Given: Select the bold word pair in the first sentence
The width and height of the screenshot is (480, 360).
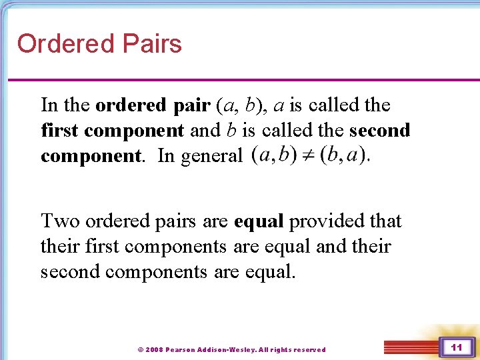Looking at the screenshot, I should tap(192, 105).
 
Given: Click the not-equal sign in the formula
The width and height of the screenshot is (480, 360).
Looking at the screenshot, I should tap(308, 155).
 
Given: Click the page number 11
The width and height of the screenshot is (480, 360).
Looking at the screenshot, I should tap(457, 347).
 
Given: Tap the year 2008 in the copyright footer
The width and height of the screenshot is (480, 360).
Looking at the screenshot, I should tap(154, 349).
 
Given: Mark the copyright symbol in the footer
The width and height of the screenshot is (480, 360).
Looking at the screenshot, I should tap(140, 349).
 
